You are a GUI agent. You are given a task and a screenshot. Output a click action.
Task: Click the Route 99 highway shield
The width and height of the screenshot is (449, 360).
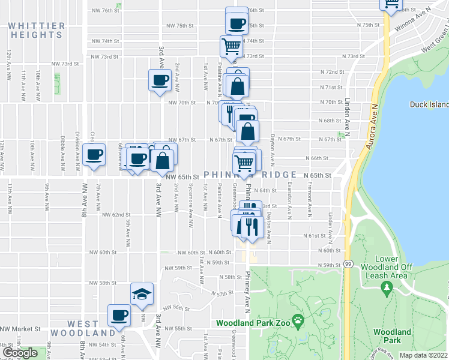pos(348,263)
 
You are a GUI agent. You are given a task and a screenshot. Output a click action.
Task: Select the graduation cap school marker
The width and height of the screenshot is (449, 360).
pos(142,294)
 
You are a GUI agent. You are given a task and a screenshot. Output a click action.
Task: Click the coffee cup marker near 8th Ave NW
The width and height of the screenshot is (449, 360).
pos(94,155)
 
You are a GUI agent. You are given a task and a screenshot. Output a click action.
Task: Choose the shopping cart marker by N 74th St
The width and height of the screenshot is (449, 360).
pos(232,46)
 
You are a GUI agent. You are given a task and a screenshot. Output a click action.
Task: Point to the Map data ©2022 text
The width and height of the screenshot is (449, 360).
pos(424,355)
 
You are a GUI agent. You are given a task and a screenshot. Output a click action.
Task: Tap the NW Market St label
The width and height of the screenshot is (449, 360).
pos(20,329)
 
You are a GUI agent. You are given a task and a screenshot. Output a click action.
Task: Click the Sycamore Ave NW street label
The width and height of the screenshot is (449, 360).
pos(190,210)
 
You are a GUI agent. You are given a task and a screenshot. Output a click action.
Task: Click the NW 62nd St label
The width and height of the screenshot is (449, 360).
pos(116,214)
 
